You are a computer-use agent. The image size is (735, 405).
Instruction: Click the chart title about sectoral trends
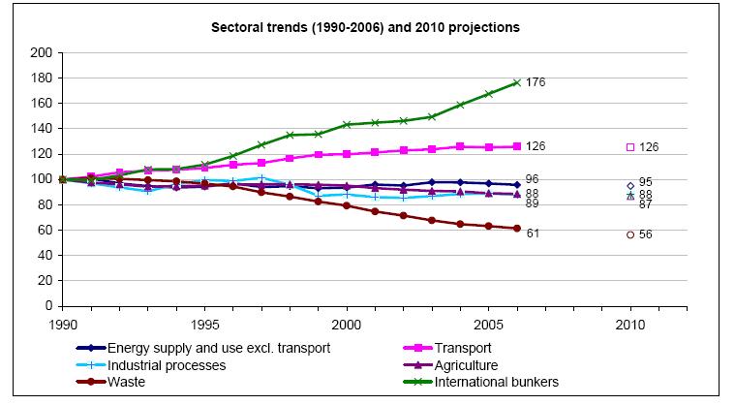pos(365,27)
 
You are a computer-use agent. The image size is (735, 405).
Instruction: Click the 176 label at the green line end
pos(536,82)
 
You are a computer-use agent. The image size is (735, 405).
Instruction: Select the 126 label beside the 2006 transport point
pos(536,146)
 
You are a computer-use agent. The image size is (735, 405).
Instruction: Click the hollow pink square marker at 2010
pos(630,147)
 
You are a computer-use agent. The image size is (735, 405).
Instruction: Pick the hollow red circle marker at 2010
pos(630,234)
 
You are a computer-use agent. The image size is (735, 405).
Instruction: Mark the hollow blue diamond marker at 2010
pos(630,185)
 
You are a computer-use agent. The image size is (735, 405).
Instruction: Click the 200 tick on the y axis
pos(40,52)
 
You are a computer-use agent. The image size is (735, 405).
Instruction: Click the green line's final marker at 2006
pos(517,82)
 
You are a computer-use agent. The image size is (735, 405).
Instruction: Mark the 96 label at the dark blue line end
pos(532,179)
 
